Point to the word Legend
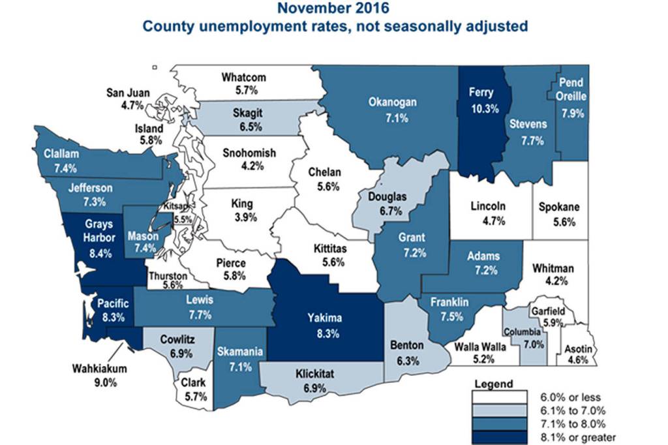click(x=494, y=383)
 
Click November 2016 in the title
click(x=334, y=8)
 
